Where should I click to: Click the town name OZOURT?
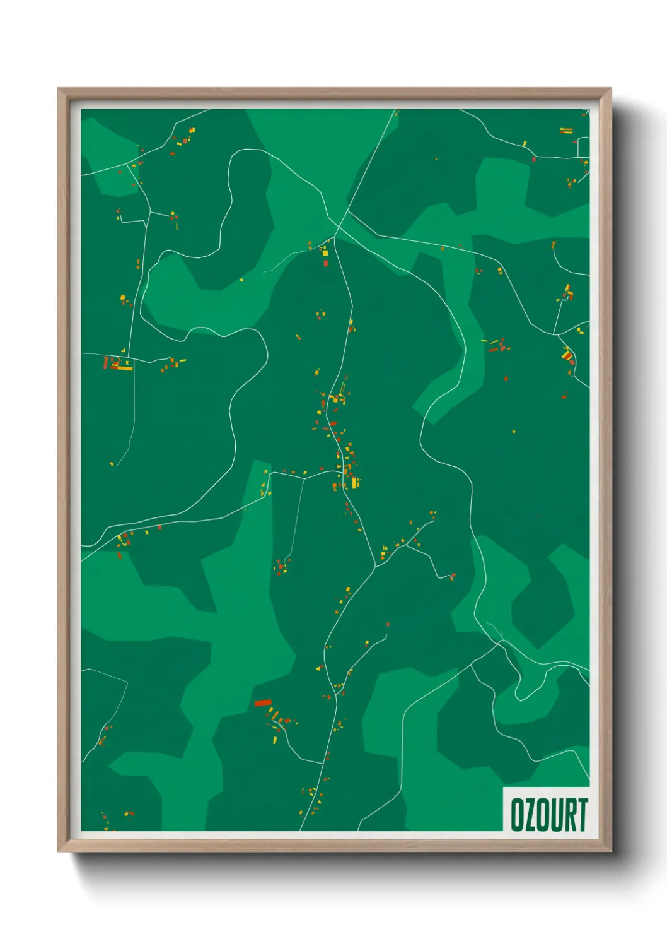(548, 814)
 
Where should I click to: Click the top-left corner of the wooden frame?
(59, 90)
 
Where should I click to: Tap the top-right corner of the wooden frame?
(610, 90)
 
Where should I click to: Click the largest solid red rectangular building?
(262, 702)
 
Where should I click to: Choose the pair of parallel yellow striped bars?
(566, 131)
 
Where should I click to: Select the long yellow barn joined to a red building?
(124, 367)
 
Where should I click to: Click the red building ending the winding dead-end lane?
(452, 576)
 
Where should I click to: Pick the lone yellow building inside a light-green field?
(241, 280)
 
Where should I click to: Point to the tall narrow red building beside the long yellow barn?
(106, 363)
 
